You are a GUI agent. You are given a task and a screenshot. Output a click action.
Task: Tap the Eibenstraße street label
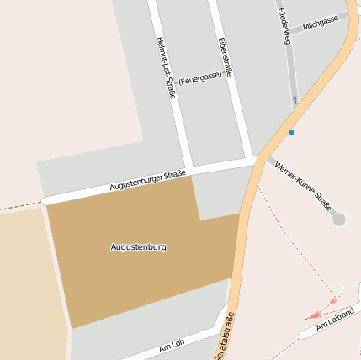(224, 57)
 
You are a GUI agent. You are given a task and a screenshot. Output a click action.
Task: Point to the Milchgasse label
(320, 22)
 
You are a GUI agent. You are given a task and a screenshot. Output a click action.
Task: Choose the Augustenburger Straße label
(147, 180)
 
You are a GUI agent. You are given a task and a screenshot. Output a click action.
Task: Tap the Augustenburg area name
(139, 247)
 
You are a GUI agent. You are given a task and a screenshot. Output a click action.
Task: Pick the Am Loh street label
(171, 347)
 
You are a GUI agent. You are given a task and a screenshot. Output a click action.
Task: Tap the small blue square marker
(291, 133)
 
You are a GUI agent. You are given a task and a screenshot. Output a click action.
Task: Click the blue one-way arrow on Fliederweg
(295, 100)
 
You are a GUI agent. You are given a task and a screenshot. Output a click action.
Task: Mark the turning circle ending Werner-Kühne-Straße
(338, 220)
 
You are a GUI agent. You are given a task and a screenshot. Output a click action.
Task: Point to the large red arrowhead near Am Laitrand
(335, 299)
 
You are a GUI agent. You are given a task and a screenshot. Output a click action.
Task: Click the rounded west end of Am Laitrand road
(303, 334)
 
